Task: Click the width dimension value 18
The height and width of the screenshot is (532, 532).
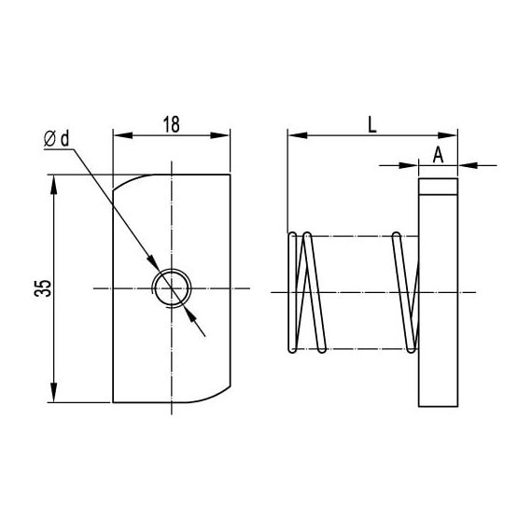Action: [172, 124]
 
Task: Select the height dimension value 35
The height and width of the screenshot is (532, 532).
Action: [41, 288]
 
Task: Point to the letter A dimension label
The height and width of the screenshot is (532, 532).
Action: [438, 154]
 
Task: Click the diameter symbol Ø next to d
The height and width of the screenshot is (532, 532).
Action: [50, 139]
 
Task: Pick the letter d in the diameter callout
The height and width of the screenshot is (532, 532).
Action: [66, 139]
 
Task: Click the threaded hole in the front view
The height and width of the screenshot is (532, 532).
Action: [173, 288]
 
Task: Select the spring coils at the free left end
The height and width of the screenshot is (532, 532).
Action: [303, 290]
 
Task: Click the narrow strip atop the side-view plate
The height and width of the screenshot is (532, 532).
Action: [438, 185]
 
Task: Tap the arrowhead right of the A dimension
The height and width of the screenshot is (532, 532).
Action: [466, 166]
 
